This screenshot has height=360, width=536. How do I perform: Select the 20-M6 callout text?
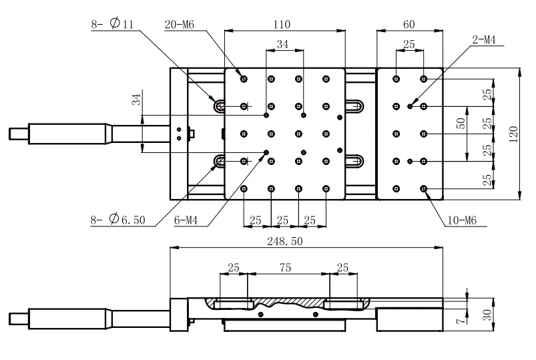pos(180,25)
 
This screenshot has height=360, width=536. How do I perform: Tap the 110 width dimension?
pos(282,25)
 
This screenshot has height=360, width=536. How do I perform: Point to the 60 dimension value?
pos(409,25)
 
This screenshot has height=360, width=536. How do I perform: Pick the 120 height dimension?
pos(513,133)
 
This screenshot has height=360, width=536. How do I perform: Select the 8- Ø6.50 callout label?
pos(120,218)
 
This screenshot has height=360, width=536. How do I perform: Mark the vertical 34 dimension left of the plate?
pos(136,100)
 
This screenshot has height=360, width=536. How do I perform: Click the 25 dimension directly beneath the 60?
pos(409,45)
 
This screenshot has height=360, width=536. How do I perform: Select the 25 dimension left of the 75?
pos(234,267)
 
